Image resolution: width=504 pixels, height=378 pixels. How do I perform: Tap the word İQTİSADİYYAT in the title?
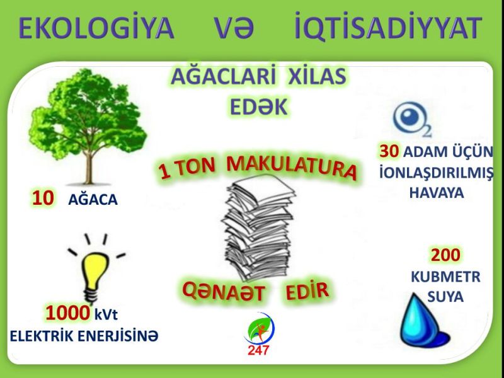(388, 26)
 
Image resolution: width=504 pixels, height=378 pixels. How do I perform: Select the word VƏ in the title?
(234, 28)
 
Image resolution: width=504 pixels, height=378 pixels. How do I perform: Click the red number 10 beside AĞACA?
(43, 198)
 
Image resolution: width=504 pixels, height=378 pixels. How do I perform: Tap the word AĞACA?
(93, 199)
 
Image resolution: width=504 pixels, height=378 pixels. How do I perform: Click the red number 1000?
(67, 313)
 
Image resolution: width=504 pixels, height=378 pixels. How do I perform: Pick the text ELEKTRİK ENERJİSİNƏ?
(84, 336)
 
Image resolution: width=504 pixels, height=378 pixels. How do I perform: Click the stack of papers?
(258, 227)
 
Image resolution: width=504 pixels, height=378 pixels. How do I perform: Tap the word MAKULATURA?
(291, 167)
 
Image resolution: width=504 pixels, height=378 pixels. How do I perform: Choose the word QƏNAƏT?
(224, 291)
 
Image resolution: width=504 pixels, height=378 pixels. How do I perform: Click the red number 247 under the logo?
(258, 350)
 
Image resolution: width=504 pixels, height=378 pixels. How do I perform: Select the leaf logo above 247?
(259, 328)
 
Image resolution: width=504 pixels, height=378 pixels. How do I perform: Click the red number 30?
(389, 151)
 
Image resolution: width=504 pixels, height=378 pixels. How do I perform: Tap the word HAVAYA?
(437, 193)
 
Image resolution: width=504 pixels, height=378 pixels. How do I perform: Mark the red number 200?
(445, 255)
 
